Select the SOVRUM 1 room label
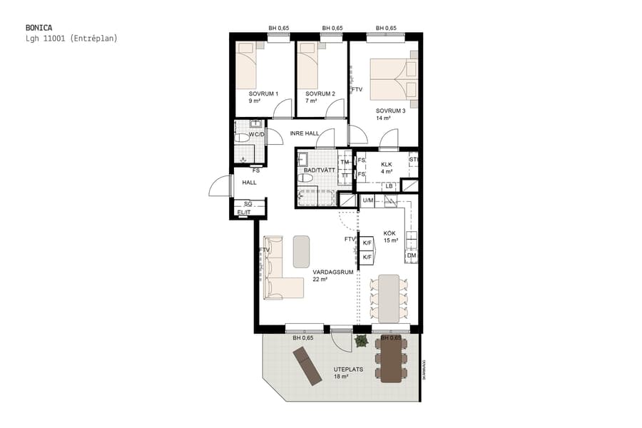pyautogui.click(x=263, y=94)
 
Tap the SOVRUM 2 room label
pyautogui.click(x=320, y=94)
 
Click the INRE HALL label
pyautogui.click(x=305, y=134)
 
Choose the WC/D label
pyautogui.click(x=256, y=134)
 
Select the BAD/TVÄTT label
pyautogui.click(x=318, y=170)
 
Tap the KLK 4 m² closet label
pyautogui.click(x=387, y=168)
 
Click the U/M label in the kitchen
pyautogui.click(x=368, y=200)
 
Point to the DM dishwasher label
pyautogui.click(x=411, y=255)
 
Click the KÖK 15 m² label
pyautogui.click(x=390, y=237)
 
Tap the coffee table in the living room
pyautogui.click(x=302, y=251)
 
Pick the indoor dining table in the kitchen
pyautogui.click(x=389, y=297)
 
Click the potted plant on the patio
pyautogui.click(x=362, y=342)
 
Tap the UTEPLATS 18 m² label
pyautogui.click(x=349, y=372)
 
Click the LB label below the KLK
pyautogui.click(x=389, y=186)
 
